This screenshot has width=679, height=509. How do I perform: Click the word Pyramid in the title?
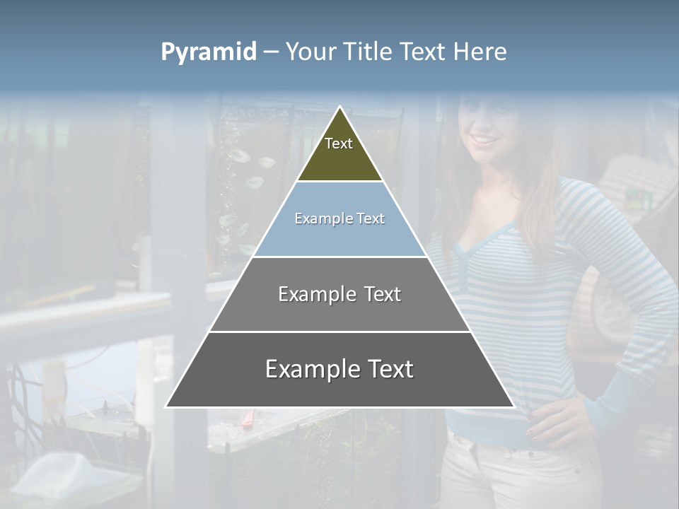(x=209, y=52)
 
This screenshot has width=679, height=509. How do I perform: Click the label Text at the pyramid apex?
(x=339, y=144)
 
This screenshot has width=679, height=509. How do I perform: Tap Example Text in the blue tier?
(x=339, y=218)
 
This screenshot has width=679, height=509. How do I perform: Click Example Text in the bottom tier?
(x=339, y=369)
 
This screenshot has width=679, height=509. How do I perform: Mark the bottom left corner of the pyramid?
(x=167, y=406)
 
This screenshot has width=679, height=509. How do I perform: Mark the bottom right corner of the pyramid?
(x=513, y=406)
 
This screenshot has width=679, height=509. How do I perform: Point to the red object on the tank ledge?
(x=248, y=421)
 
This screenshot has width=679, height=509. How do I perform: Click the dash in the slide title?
(x=271, y=52)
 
